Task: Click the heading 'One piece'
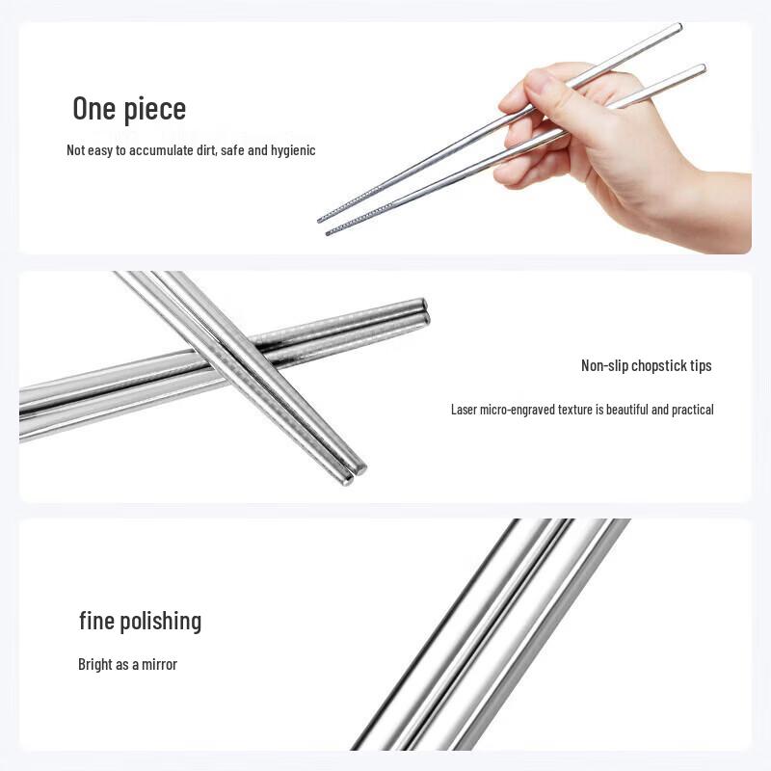[x=129, y=109]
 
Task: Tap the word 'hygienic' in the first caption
[x=293, y=150]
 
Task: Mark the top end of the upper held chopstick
[x=679, y=27]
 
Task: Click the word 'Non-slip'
[x=604, y=365]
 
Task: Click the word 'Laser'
[x=464, y=410]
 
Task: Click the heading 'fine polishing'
[x=140, y=621]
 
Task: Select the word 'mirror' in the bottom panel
[x=159, y=665]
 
